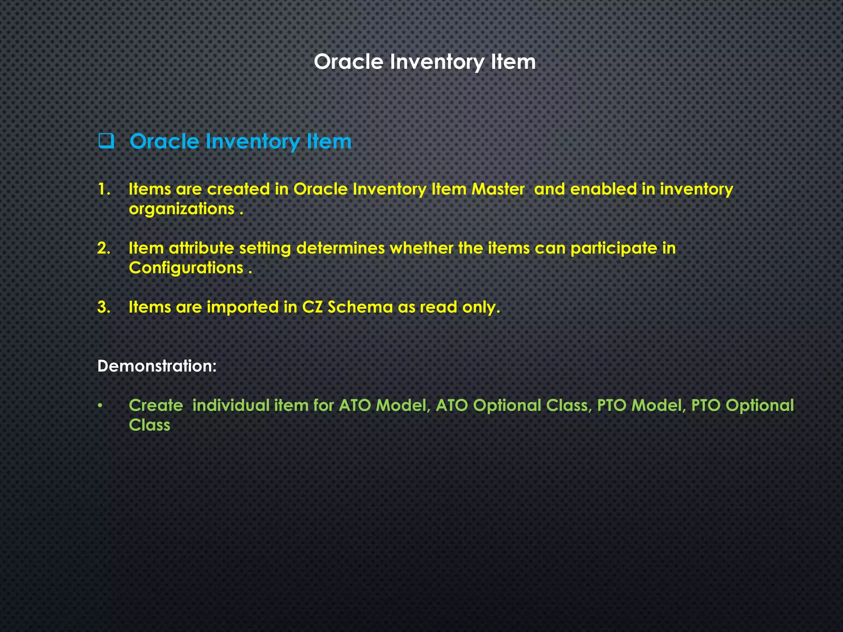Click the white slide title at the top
tap(424, 62)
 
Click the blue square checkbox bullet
tap(106, 141)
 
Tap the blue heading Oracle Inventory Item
tap(240, 142)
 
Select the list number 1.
tap(104, 189)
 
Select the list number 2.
tap(104, 248)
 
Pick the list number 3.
tap(104, 307)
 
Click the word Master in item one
tap(498, 189)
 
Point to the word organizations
tap(182, 209)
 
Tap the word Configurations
tap(186, 268)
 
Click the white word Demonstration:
tap(157, 366)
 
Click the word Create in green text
tap(156, 406)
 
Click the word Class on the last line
tap(149, 425)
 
